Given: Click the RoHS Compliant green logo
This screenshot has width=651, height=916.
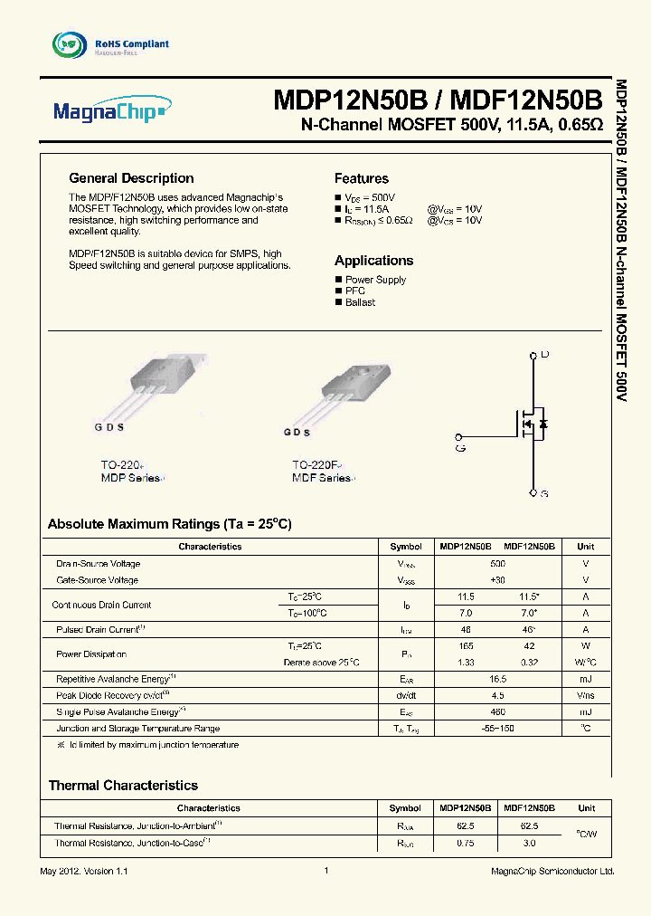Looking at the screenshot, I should click(67, 44).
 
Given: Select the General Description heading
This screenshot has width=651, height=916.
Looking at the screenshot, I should click(131, 178).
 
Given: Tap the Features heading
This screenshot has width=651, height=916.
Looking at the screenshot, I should click(361, 178).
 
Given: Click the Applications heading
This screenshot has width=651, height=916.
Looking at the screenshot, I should click(373, 260).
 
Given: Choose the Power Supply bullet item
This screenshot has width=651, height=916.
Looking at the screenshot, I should click(375, 280).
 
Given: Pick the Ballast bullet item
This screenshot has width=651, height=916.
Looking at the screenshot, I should click(360, 302).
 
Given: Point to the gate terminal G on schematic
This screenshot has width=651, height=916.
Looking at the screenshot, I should click(460, 438).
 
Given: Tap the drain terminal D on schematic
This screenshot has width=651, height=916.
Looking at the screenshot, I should click(544, 354).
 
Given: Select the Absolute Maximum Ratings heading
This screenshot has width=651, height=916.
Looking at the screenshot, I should click(169, 524).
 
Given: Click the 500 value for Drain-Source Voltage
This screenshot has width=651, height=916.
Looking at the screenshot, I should click(497, 563).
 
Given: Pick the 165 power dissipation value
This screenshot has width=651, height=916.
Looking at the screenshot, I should click(467, 646).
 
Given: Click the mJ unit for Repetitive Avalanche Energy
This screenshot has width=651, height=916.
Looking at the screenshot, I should click(586, 678).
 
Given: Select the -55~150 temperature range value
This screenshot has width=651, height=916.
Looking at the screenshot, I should click(497, 728).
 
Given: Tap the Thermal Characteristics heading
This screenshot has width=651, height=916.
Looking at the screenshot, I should click(123, 786).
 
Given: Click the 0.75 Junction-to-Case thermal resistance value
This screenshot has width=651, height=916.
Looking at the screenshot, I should click(467, 843).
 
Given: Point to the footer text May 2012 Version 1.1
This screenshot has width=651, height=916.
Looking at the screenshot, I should click(79, 871).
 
